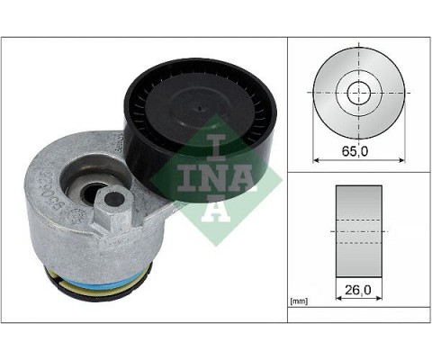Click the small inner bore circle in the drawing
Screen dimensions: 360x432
(x=358, y=92)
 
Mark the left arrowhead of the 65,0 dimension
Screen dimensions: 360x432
(x=316, y=160)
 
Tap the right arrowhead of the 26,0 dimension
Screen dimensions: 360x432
(x=378, y=300)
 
